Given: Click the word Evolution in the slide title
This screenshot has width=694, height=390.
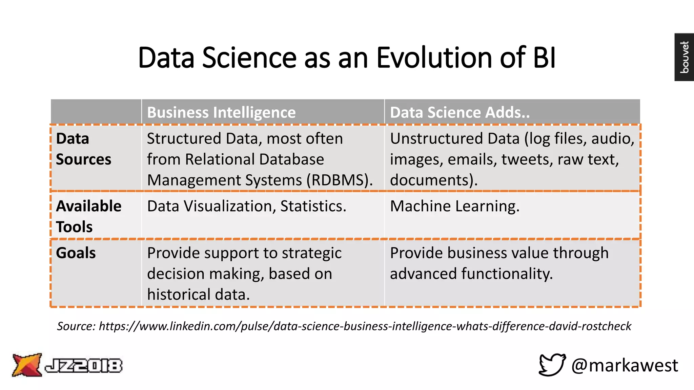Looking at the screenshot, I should pos(434,58).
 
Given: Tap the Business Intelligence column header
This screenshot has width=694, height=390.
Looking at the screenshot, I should pos(221,112).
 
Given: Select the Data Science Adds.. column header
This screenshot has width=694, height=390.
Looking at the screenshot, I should pos(460,112).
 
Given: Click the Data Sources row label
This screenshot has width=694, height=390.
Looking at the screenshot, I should pos(83,149).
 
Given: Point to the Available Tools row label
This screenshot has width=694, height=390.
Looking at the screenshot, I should pos(88,216).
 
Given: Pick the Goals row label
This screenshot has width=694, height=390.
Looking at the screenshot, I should pos(76,253).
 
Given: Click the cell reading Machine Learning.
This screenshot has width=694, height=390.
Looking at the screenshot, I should pos(454,206).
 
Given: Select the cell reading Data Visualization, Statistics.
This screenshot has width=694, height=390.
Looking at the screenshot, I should pos(246,206).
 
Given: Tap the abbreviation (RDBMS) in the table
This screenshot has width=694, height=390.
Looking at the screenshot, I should pos(339,180).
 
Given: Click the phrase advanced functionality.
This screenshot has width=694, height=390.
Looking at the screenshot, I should pos(471,274).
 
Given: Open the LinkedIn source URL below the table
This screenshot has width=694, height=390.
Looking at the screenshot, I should pos(365,326).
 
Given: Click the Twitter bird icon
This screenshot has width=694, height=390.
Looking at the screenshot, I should pos(552,365).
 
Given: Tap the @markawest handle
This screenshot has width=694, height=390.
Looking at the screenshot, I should pos(624,365).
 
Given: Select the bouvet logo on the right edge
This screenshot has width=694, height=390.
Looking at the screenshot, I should pos(684,57).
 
